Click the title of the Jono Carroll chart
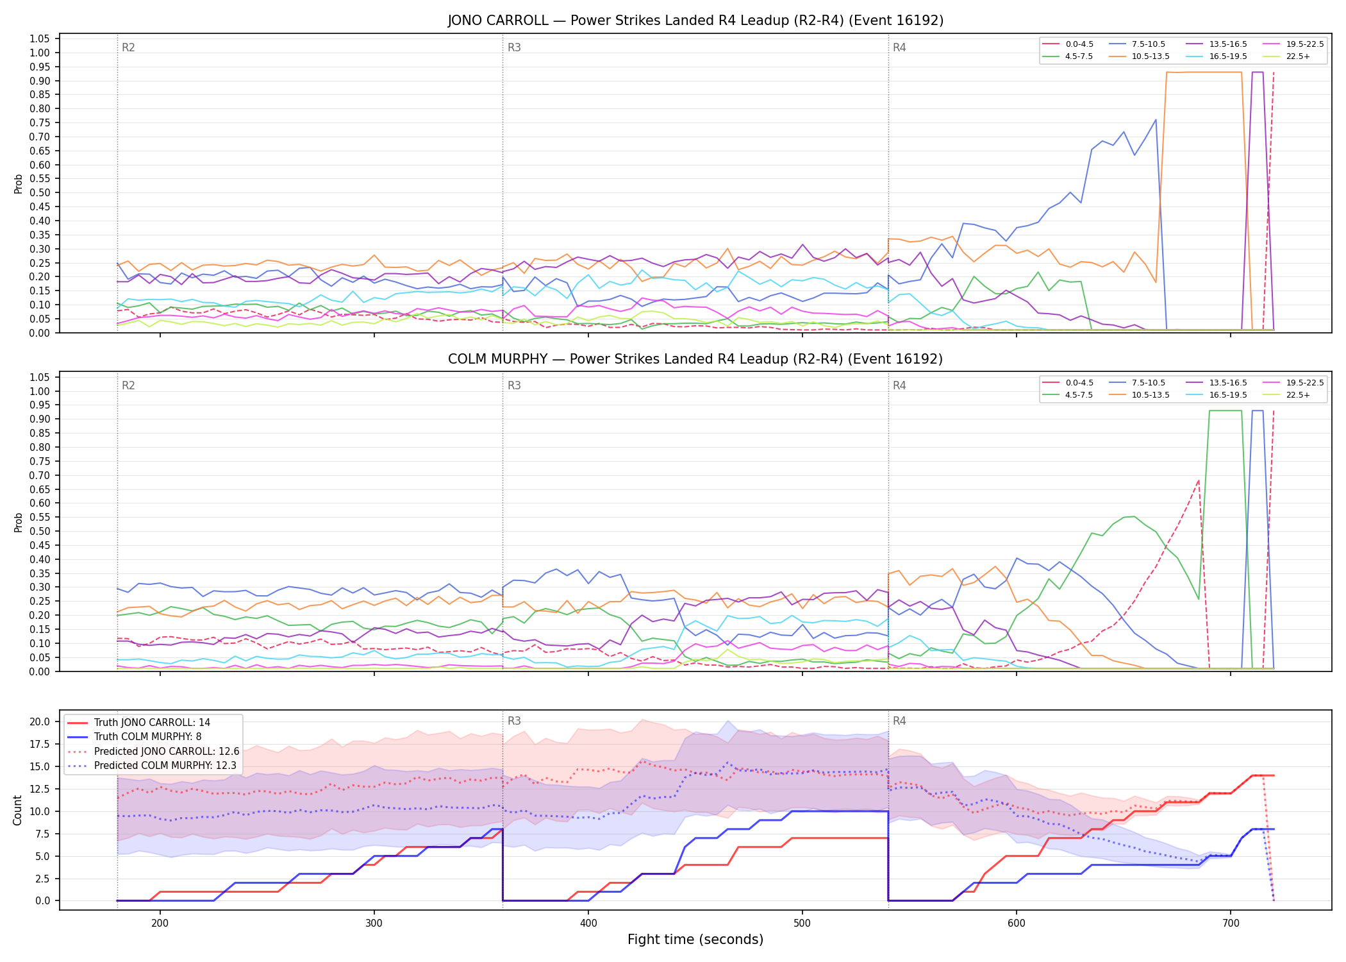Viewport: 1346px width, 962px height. tap(695, 21)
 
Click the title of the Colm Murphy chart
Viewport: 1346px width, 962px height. tap(695, 359)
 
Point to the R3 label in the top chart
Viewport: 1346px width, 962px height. tap(514, 47)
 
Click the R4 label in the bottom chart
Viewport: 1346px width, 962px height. tap(899, 721)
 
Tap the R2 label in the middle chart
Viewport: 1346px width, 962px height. tap(128, 385)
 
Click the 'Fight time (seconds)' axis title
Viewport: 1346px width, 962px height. tap(695, 940)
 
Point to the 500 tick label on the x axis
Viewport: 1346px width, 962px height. tap(802, 923)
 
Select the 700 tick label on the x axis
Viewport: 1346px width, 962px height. tap(1231, 923)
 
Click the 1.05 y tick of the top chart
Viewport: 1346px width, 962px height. tap(40, 39)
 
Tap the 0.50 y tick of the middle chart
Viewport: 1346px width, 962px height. tap(40, 531)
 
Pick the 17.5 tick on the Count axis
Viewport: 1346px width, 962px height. tap(40, 744)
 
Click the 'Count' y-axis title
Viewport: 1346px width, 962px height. tap(17, 810)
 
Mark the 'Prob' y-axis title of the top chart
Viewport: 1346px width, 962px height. tap(18, 183)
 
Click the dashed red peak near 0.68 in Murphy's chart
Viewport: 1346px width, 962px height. tap(1198, 480)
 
